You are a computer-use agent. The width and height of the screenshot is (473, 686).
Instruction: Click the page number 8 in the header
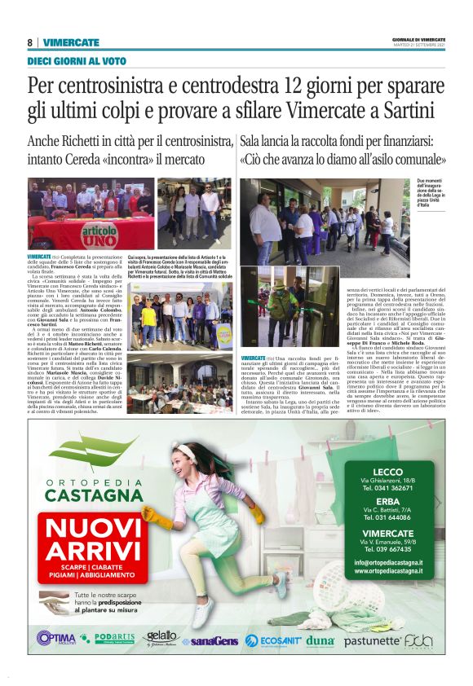pyautogui.click(x=30, y=42)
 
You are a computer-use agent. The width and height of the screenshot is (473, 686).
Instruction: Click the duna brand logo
pyautogui.click(x=320, y=640)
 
